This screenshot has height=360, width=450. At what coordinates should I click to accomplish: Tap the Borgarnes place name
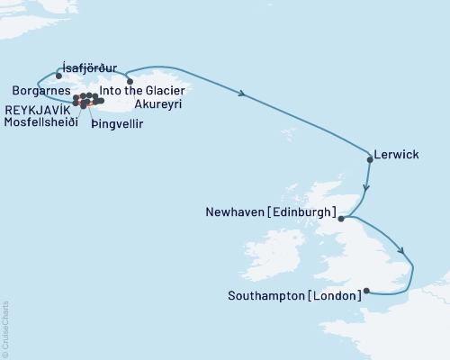(x=37, y=91)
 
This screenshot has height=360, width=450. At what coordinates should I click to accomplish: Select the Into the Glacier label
(x=143, y=91)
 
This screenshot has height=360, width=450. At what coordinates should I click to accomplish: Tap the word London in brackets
(x=334, y=293)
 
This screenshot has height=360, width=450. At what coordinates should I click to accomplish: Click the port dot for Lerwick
(x=370, y=159)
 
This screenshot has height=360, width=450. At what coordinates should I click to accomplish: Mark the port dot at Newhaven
(x=342, y=217)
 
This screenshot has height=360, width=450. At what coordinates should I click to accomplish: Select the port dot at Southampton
(x=366, y=292)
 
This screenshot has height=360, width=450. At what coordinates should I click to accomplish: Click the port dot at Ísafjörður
(x=58, y=76)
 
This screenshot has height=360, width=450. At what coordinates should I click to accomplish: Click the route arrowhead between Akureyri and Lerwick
(x=243, y=93)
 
